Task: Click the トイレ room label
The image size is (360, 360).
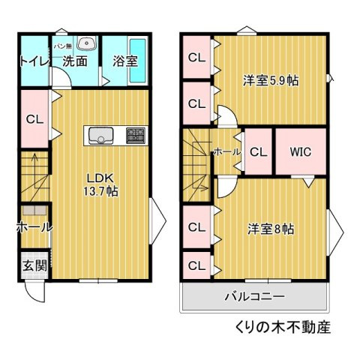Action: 35,61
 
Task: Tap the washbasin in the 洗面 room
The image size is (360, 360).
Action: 87,43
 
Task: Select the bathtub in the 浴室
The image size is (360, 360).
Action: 138,61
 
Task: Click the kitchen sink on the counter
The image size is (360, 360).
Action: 100,136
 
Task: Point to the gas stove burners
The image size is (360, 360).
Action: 136,136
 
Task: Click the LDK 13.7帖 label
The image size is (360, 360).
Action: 100,185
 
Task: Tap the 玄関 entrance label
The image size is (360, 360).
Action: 35,265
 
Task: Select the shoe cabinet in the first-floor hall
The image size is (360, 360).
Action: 34,210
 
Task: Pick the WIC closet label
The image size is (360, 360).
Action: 301,151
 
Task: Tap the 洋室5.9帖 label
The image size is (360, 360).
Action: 271,80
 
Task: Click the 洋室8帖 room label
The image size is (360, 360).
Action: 271,229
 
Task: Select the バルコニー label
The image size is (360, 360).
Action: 255,297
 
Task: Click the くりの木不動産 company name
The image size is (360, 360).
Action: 283,327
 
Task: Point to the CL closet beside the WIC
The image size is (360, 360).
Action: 259,151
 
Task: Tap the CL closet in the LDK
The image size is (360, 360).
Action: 34,119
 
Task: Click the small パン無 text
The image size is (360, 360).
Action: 63,46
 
